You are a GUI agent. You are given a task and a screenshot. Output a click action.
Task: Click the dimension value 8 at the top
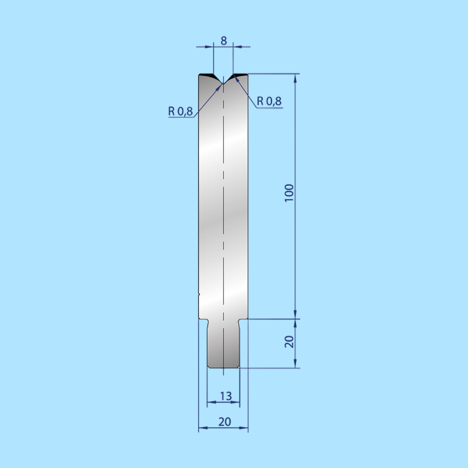[x=224, y=41]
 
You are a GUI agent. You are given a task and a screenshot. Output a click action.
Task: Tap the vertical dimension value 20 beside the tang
[x=289, y=341]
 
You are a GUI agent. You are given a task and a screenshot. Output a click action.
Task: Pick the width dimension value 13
[x=225, y=396]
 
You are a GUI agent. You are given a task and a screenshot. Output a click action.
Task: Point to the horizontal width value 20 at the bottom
[x=225, y=422]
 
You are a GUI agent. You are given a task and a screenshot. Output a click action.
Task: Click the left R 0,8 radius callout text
[x=180, y=111]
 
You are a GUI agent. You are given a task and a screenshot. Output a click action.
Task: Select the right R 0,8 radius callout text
[x=269, y=101]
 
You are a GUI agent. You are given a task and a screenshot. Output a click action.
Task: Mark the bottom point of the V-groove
[x=223, y=83]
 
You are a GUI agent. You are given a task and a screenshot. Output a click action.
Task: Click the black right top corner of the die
[x=241, y=75]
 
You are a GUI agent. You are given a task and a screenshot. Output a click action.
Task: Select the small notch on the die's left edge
[x=199, y=293]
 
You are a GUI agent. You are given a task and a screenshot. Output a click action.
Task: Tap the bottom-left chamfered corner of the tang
[x=209, y=366]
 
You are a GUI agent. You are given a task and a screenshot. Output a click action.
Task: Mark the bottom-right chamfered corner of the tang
[x=238, y=366]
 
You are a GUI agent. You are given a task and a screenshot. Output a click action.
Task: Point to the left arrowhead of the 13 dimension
[x=210, y=402]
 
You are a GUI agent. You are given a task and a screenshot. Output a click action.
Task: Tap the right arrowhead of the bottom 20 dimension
[x=245, y=428]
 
